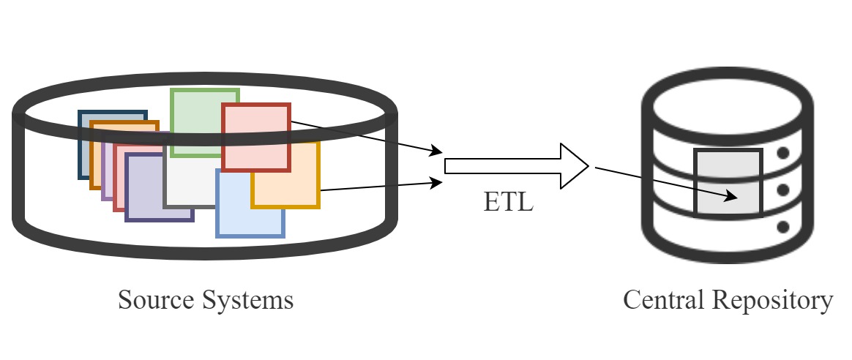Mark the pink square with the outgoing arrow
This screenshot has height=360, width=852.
coord(256,136)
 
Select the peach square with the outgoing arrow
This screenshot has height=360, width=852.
coord(293,187)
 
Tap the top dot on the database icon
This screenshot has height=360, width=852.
coord(782,154)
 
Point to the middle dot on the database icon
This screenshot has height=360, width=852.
coord(782,190)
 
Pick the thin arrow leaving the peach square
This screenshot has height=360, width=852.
coord(381,186)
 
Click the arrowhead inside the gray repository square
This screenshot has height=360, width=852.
coord(730,196)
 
